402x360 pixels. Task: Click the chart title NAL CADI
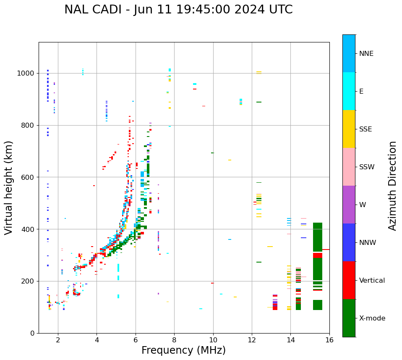[98, 10]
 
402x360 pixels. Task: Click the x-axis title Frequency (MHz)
[183, 350]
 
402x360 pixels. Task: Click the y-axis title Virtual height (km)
[9, 187]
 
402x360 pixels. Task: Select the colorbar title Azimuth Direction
[392, 186]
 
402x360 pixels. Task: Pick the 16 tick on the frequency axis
[329, 340]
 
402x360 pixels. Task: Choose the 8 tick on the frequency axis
[174, 340]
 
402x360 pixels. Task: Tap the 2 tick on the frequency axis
[58, 340]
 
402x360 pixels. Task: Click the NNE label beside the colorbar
[366, 54]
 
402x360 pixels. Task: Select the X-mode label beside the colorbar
[372, 318]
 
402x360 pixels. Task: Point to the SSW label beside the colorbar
[367, 167]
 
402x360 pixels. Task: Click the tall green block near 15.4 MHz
[318, 202]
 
